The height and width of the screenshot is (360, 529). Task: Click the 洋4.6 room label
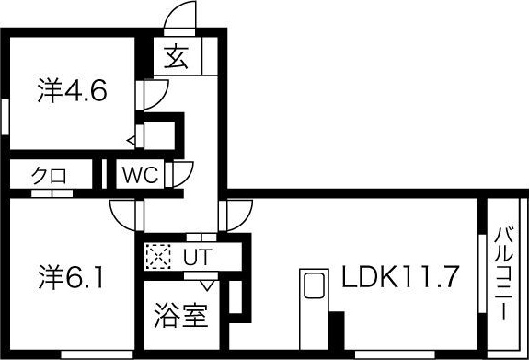75,91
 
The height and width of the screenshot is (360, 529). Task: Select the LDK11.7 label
400,275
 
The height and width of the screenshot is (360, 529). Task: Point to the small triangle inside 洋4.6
132,140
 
